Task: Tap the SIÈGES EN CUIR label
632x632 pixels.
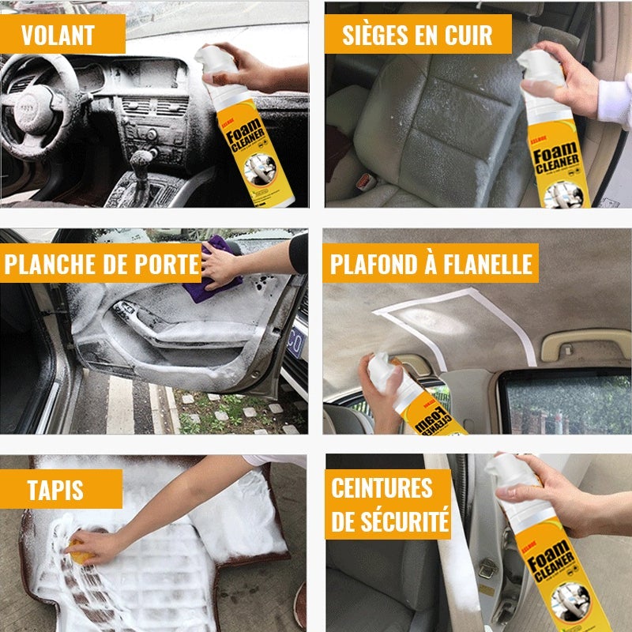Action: coord(417,35)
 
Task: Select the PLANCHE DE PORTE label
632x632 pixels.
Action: coord(101,265)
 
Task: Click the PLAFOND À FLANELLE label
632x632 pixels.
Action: coord(431,264)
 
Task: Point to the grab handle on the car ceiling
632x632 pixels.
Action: coord(574,344)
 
